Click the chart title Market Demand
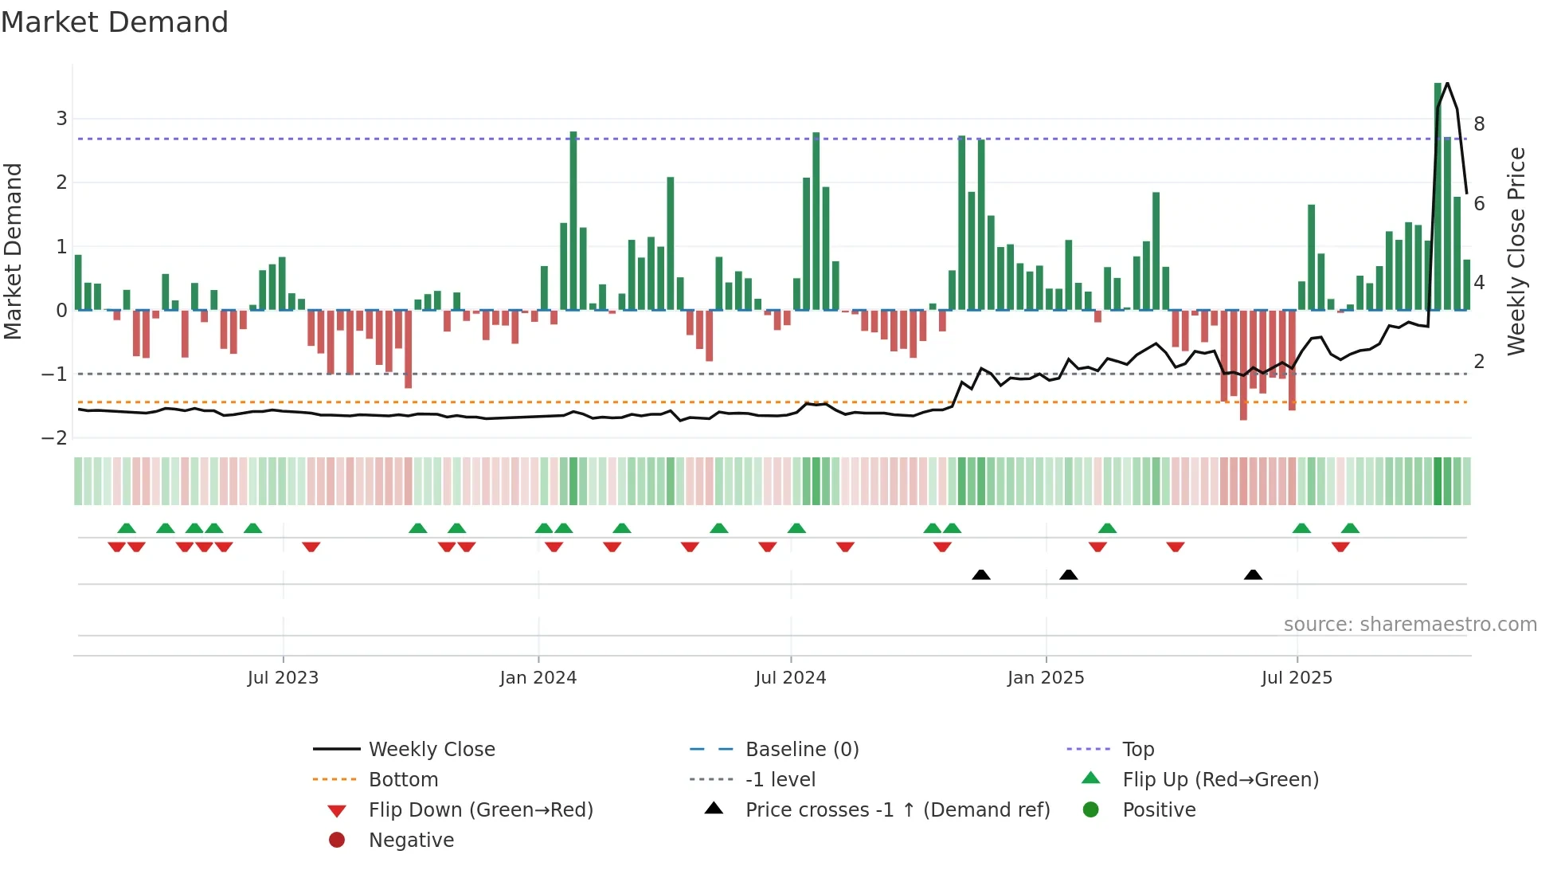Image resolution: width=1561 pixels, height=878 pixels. click(x=115, y=22)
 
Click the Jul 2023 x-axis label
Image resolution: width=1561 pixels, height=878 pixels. click(x=283, y=678)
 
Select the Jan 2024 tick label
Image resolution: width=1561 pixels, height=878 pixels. click(x=538, y=678)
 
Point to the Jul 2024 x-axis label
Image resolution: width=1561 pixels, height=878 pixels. click(x=790, y=678)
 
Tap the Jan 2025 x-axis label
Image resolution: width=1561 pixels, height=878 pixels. click(x=1045, y=678)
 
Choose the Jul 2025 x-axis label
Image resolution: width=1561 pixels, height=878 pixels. click(x=1297, y=678)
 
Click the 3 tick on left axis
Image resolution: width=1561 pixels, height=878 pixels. click(x=61, y=119)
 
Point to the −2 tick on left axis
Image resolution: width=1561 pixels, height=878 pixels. click(x=55, y=438)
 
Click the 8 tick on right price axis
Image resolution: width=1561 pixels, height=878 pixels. click(x=1479, y=123)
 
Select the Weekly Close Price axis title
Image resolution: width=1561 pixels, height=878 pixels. click(x=1516, y=251)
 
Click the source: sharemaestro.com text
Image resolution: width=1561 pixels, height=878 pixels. click(x=1410, y=625)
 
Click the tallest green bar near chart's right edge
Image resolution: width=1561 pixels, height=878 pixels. click(x=1438, y=195)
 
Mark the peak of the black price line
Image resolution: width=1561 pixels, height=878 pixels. click(x=1447, y=83)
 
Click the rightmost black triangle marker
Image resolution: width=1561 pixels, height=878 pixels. click(x=1253, y=575)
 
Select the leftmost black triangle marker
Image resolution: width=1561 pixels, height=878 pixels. click(x=981, y=575)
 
